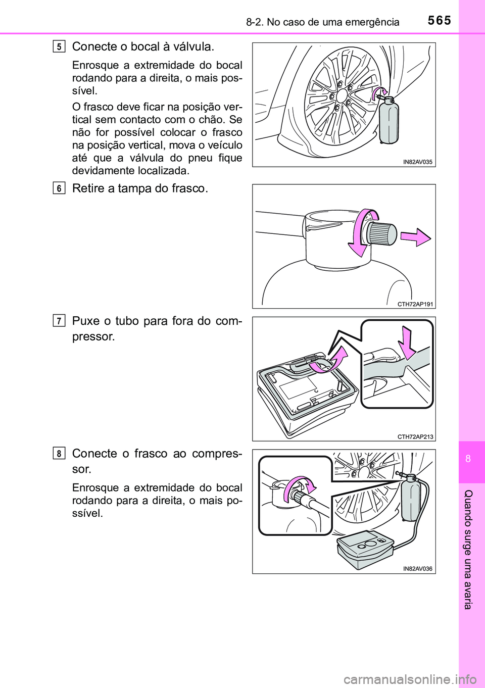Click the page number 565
pyautogui.click(x=439, y=21)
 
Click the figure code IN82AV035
pyautogui.click(x=418, y=162)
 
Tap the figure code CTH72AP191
pyautogui.click(x=415, y=304)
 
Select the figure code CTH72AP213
pyautogui.click(x=415, y=436)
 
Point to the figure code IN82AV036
pyautogui.click(x=418, y=569)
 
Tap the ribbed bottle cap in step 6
pyautogui.click(x=381, y=234)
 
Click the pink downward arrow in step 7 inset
pyautogui.click(x=408, y=342)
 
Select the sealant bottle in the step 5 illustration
pyautogui.click(x=389, y=121)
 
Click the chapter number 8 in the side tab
pyautogui.click(x=468, y=459)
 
